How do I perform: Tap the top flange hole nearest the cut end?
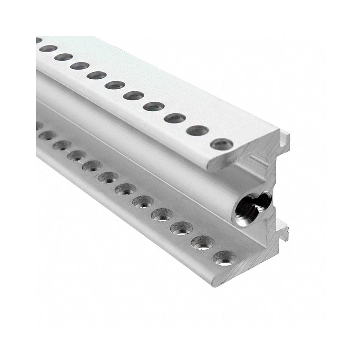click(x=222, y=145)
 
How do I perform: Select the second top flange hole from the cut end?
click(x=197, y=131)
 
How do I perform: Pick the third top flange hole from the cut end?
click(x=175, y=118)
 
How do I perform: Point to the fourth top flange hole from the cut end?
click(x=154, y=106)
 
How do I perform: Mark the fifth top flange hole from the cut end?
click(x=133, y=95)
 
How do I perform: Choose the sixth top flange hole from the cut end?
click(x=115, y=85)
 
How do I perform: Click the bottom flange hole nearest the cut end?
click(x=224, y=258)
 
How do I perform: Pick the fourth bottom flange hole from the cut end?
click(x=162, y=214)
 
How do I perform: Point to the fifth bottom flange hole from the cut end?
click(x=143, y=201)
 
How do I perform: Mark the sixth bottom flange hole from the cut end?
click(x=125, y=189)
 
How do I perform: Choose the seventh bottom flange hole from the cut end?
click(x=108, y=177)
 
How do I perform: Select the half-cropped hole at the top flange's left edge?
click(x=38, y=40)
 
